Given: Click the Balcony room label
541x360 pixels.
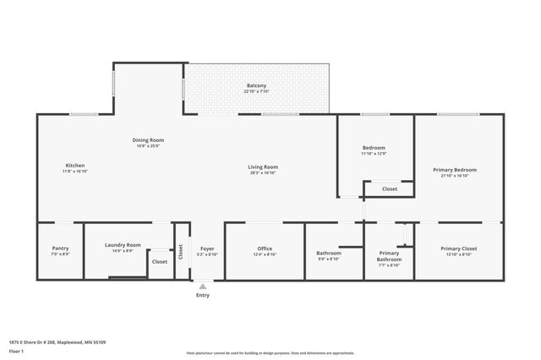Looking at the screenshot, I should coord(257,86).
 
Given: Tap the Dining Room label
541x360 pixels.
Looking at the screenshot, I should coord(148,139).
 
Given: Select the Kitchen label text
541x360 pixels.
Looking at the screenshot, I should coord(75,165).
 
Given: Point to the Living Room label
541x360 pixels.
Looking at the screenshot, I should coord(263,166).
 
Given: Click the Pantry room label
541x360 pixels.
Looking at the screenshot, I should coord(60,248).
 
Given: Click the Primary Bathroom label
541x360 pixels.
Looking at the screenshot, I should coord(389,256).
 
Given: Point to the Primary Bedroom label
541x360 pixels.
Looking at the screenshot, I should coord(455,170).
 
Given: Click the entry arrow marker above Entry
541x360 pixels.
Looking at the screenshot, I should coord(202,286).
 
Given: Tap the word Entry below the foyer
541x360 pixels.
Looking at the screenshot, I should coord(202,295).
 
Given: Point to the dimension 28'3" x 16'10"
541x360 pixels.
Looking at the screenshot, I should coord(263,172).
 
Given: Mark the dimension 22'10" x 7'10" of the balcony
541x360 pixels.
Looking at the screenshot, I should coord(257,92).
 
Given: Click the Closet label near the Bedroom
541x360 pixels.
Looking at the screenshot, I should coord(389,188).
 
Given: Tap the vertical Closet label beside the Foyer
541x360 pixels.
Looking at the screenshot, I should coord(180,251).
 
